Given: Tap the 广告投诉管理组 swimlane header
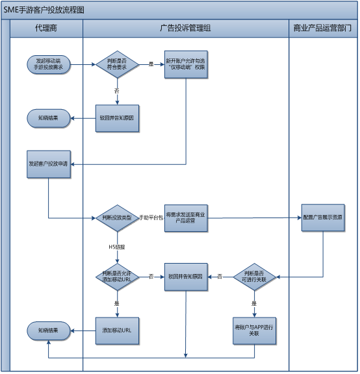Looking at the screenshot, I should pyautogui.click(x=185, y=29).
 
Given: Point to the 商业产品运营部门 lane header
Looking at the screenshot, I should pyautogui.click(x=323, y=29).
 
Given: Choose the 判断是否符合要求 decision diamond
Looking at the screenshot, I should pyautogui.click(x=118, y=64).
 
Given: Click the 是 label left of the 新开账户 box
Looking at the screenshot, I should pyautogui.click(x=151, y=64).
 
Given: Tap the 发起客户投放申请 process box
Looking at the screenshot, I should pyautogui.click(x=48, y=164).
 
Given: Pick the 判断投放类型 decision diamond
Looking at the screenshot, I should pyautogui.click(x=118, y=218).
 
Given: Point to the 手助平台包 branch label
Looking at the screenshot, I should pyautogui.click(x=151, y=218).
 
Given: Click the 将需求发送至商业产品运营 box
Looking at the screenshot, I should pyautogui.click(x=186, y=218).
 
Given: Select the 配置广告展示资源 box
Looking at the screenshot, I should pyautogui.click(x=323, y=218).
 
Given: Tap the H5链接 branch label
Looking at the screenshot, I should pyautogui.click(x=117, y=247).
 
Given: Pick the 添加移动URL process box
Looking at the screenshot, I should pyautogui.click(x=118, y=330).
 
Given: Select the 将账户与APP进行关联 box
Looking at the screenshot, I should pyautogui.click(x=254, y=330).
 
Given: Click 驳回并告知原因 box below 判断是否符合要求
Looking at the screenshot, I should pyautogui.click(x=118, y=118).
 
